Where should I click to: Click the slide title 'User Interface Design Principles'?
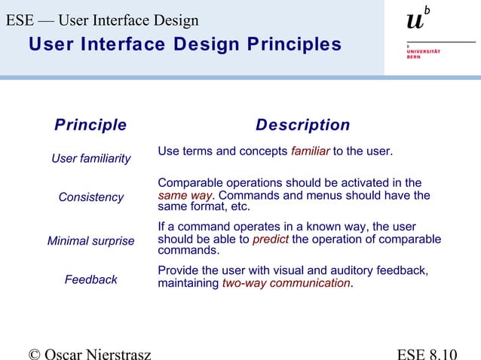pos(185,44)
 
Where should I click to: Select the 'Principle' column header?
pos(90,125)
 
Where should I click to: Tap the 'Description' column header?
pos(302,125)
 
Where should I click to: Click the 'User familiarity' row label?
pos(90,159)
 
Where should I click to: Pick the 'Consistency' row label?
pos(91,197)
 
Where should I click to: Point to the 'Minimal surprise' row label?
pos(90,242)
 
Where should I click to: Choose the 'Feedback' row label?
pos(91,279)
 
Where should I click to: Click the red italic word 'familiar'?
pos(310,151)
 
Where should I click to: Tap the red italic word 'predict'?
pos(270,239)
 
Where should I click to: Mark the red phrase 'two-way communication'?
pos(286,284)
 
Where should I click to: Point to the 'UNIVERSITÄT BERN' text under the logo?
pos(424,53)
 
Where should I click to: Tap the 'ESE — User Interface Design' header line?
pos(103,20)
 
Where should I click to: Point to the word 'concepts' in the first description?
pos(264,151)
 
